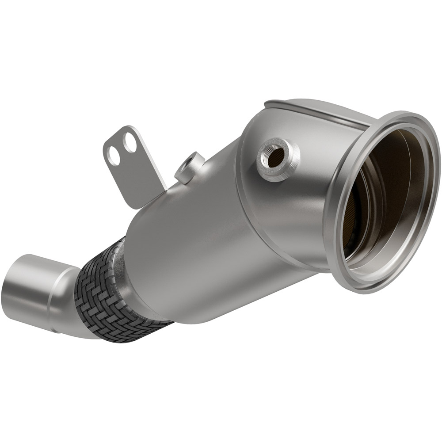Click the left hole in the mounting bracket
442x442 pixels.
pyautogui.click(x=114, y=155)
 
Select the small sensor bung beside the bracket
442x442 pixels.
pyautogui.click(x=189, y=167)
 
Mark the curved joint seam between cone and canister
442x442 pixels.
pyautogui.click(x=241, y=199)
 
